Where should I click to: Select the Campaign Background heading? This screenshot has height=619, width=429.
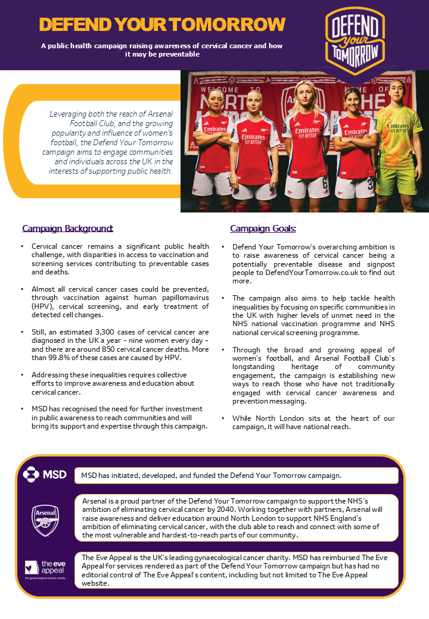click(x=67, y=229)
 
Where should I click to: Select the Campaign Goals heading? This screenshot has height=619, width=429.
click(x=263, y=229)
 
